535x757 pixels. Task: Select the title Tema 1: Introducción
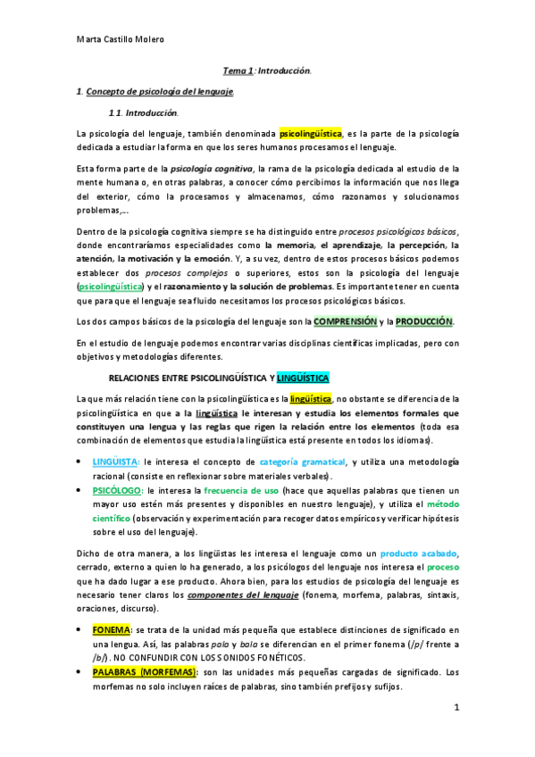267,70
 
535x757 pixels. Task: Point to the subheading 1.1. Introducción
143,113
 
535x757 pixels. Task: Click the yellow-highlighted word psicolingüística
311,134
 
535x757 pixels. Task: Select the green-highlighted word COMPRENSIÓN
345,321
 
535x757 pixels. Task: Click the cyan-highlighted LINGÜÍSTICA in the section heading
304,378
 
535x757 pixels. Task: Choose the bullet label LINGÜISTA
115,462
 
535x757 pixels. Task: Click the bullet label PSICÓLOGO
115,491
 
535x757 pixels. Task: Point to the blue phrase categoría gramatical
303,462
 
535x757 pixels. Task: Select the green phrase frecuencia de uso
242,491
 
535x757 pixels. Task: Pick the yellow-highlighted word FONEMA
113,630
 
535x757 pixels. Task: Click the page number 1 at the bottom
456,708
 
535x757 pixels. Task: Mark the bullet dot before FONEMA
82,630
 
